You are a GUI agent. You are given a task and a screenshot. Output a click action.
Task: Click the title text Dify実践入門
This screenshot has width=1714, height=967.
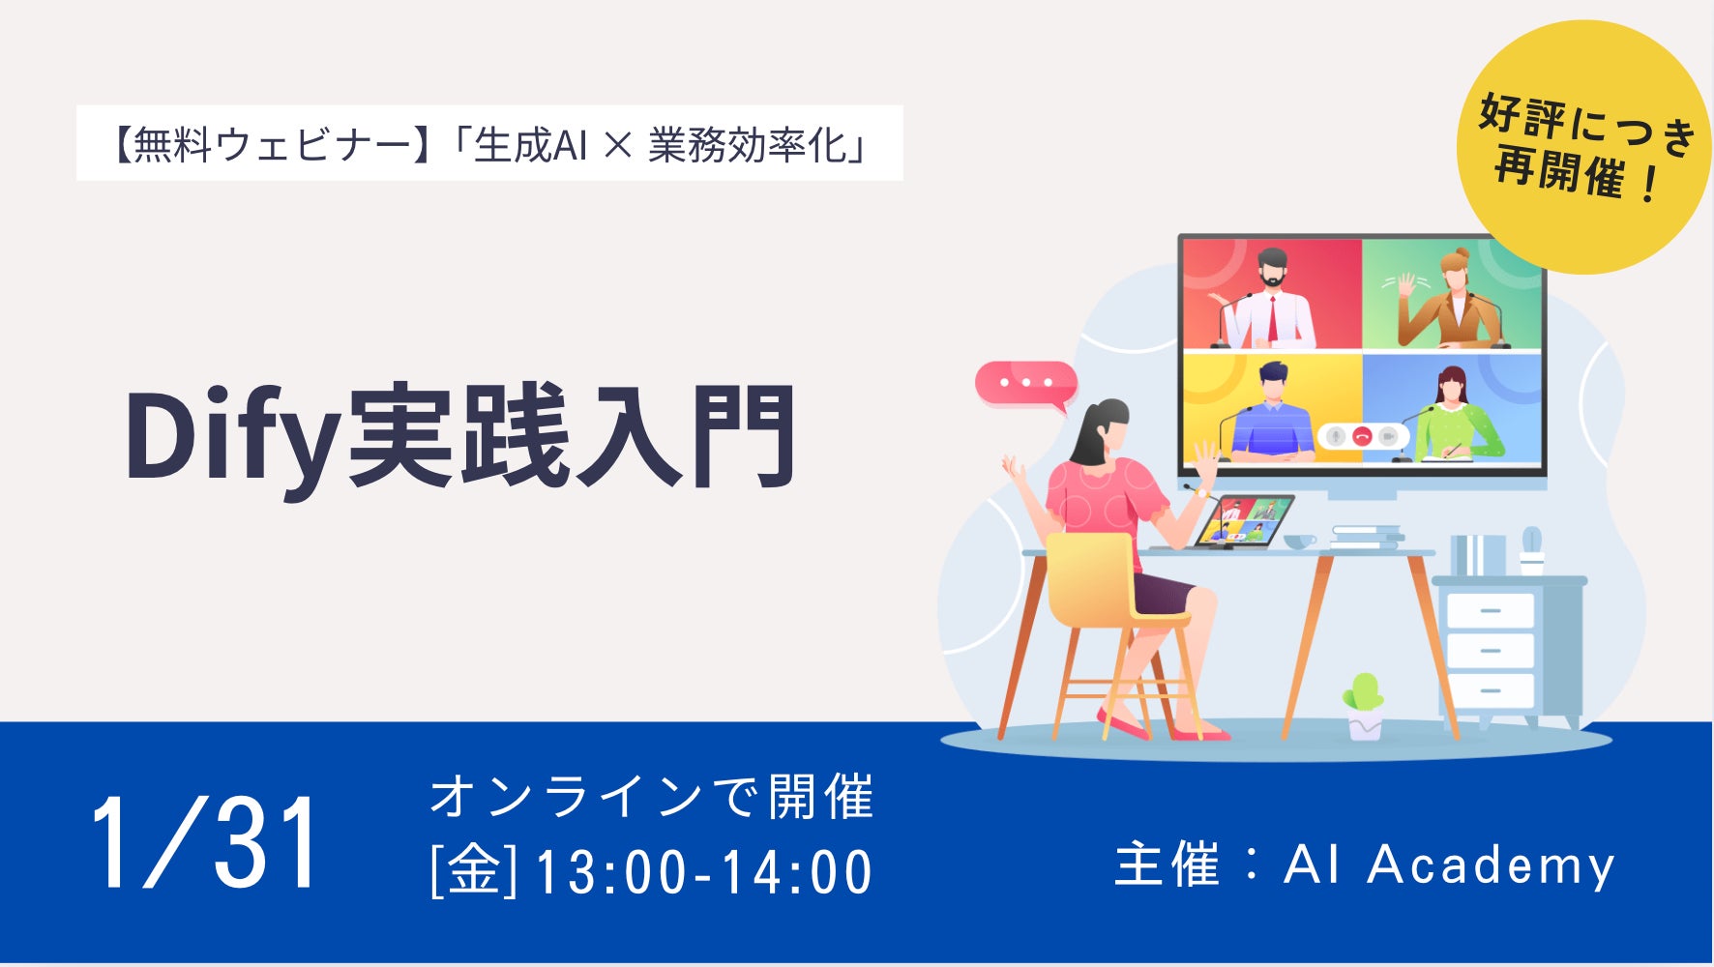tap(460, 437)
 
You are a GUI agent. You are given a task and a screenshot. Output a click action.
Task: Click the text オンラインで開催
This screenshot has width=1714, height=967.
tap(652, 797)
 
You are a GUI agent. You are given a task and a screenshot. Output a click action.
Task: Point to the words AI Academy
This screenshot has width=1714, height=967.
tap(1449, 864)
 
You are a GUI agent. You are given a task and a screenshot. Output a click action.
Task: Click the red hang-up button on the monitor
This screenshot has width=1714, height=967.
tap(1362, 436)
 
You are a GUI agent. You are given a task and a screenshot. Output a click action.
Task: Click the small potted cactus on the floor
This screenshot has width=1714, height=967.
tap(1363, 706)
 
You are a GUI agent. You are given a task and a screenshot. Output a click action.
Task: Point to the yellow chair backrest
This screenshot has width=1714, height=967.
tap(1090, 575)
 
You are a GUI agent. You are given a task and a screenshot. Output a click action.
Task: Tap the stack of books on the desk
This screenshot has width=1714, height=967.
tap(1367, 538)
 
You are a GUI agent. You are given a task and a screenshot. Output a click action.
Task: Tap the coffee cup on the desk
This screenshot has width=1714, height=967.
tap(1300, 542)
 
